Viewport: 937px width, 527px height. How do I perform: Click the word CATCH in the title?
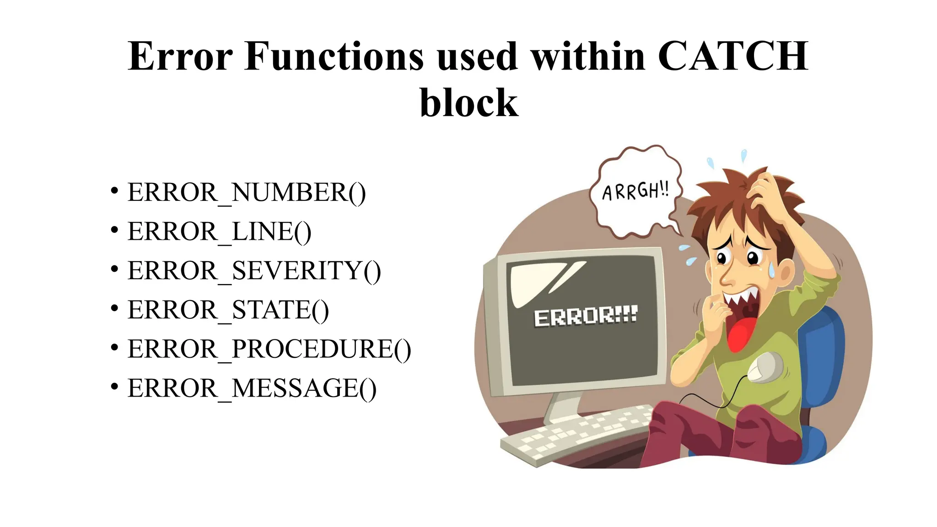pyautogui.click(x=733, y=57)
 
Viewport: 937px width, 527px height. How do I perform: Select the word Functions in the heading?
pyautogui.click(x=334, y=57)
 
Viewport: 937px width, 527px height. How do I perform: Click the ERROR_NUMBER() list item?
pyautogui.click(x=246, y=192)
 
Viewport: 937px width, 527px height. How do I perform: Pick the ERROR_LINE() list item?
pyautogui.click(x=219, y=231)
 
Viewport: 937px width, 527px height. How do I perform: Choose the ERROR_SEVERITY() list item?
pyautogui.click(x=254, y=271)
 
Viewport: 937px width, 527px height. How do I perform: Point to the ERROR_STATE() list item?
pyautogui.click(x=228, y=310)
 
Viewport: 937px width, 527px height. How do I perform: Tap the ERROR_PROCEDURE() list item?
pyautogui.click(x=269, y=350)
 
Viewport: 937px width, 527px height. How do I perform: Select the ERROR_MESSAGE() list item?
pyautogui.click(x=252, y=389)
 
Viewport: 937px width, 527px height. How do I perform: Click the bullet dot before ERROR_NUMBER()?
pyautogui.click(x=114, y=190)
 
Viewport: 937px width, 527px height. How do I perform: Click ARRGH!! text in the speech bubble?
pyautogui.click(x=635, y=191)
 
